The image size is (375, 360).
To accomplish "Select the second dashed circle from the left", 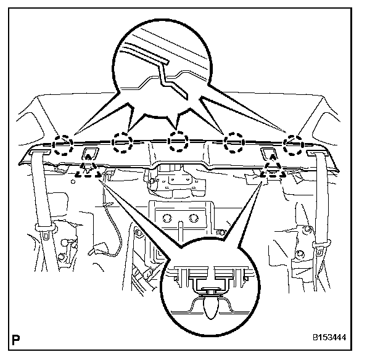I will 122,144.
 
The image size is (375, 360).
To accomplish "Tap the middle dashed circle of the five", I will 178,142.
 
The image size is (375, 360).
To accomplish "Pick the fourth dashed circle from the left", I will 234,145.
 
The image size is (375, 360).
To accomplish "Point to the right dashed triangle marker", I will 272,170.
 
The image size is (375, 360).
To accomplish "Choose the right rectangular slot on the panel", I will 270,153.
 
